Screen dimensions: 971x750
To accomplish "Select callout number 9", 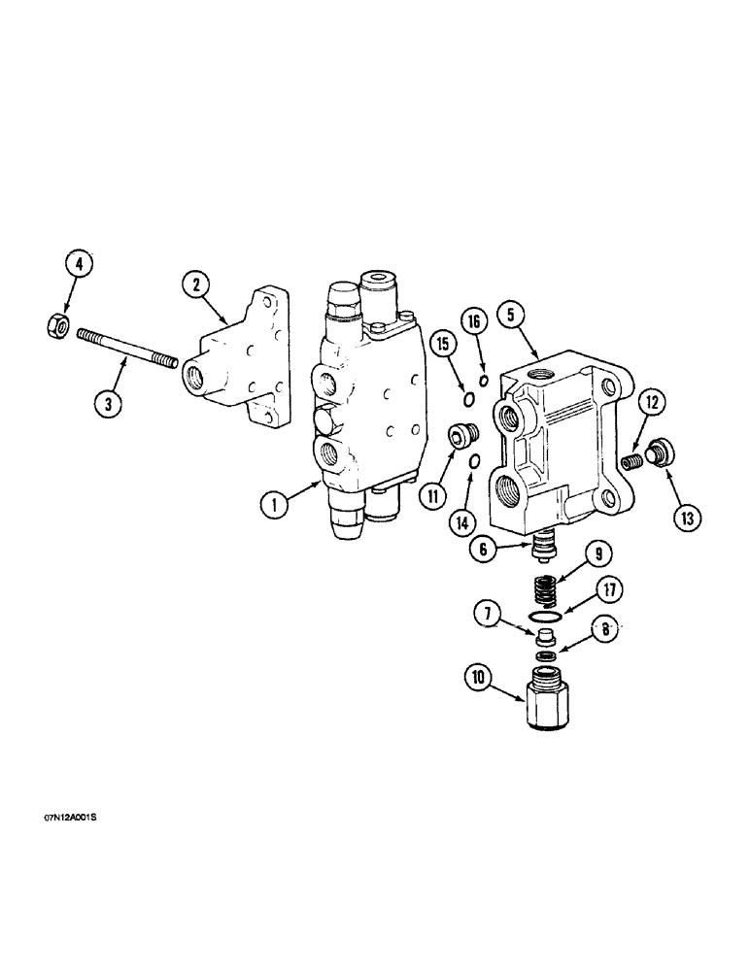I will click(x=598, y=556).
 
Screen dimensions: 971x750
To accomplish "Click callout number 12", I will click(x=649, y=398).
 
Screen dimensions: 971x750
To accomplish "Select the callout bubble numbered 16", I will click(x=473, y=321).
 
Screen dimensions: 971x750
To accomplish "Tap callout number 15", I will click(x=442, y=344).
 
